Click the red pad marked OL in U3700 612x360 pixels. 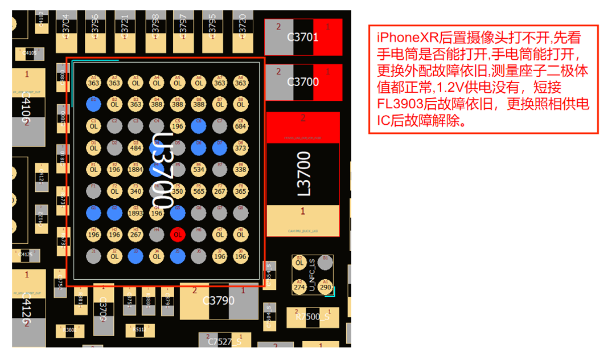(177, 234)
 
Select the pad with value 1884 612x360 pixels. (135, 169)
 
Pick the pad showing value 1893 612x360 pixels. (135, 213)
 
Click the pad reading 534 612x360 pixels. (198, 169)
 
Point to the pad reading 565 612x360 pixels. (198, 191)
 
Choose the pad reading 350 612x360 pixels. (177, 191)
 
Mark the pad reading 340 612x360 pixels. (135, 191)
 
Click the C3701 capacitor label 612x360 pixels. (303, 38)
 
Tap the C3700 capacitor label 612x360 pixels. (303, 81)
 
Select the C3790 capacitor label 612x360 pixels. (219, 300)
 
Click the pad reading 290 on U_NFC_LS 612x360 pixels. (325, 287)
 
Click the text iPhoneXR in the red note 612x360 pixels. (401, 38)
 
